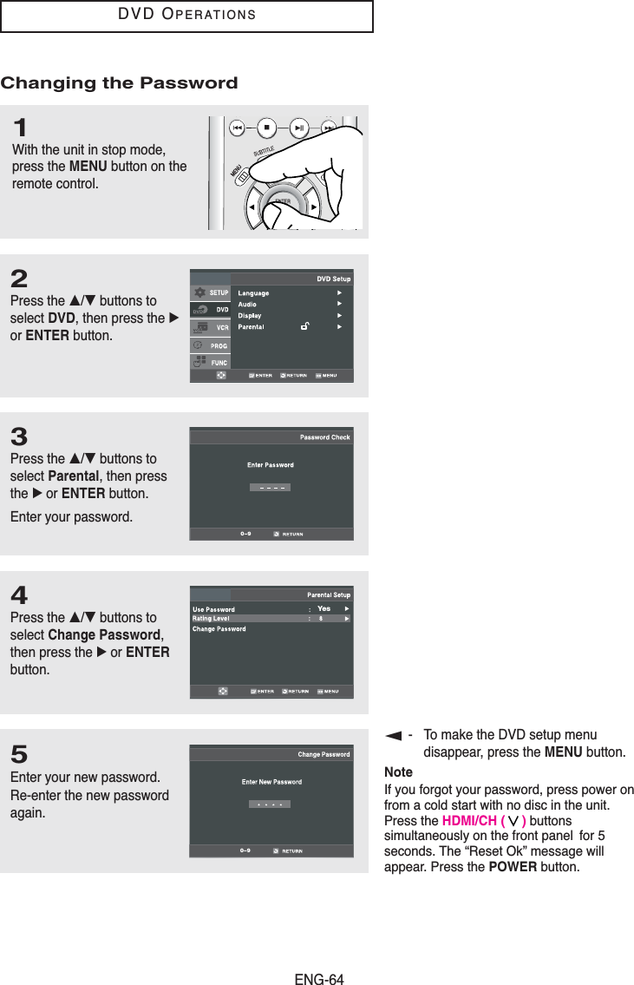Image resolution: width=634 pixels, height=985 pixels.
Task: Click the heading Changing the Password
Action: (119, 83)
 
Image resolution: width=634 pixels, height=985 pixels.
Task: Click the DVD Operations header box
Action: (186, 16)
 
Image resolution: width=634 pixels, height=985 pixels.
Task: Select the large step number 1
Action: (19, 128)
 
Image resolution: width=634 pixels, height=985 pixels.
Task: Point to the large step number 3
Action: (19, 437)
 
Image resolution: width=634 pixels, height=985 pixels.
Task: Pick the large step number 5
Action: (19, 753)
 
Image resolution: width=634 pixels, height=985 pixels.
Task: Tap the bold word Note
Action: (398, 772)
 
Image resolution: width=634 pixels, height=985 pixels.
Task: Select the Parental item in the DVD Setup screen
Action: (252, 327)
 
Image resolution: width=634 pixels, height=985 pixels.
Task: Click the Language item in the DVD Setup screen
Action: (253, 293)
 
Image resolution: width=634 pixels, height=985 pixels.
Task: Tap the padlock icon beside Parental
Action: (304, 327)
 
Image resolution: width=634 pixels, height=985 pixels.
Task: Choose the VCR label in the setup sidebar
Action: (222, 327)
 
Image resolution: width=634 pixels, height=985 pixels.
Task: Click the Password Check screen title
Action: (324, 437)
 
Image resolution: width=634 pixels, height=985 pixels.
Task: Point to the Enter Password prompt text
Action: (271, 465)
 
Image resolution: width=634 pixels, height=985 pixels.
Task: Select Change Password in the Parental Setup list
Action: (219, 629)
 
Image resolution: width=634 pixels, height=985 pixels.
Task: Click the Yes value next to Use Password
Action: (324, 608)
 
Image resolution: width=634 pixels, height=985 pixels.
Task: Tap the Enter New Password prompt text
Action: (271, 782)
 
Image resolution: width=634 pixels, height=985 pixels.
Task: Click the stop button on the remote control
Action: (267, 127)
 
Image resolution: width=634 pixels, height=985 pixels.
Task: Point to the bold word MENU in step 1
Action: (88, 166)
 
